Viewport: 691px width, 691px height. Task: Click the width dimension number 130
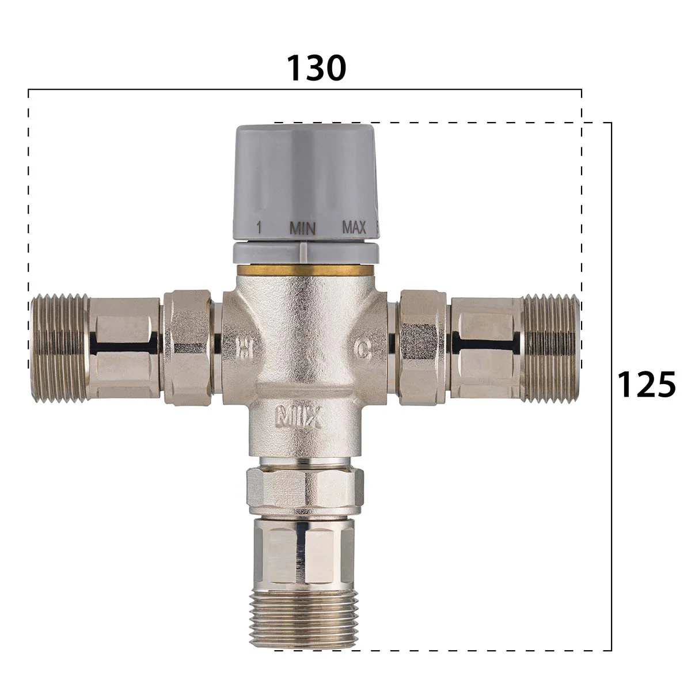pos(316,68)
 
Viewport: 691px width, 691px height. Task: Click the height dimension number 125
pos(646,384)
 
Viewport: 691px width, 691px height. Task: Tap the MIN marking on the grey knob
pos(302,229)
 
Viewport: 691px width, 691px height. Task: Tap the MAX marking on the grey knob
pos(354,227)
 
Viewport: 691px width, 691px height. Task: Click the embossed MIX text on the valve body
pos(298,416)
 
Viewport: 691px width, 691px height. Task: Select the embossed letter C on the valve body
pos(362,348)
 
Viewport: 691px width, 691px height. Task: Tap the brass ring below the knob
pos(305,270)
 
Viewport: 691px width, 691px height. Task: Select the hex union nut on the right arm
pos(424,348)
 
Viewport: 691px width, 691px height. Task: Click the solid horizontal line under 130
pos(305,90)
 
